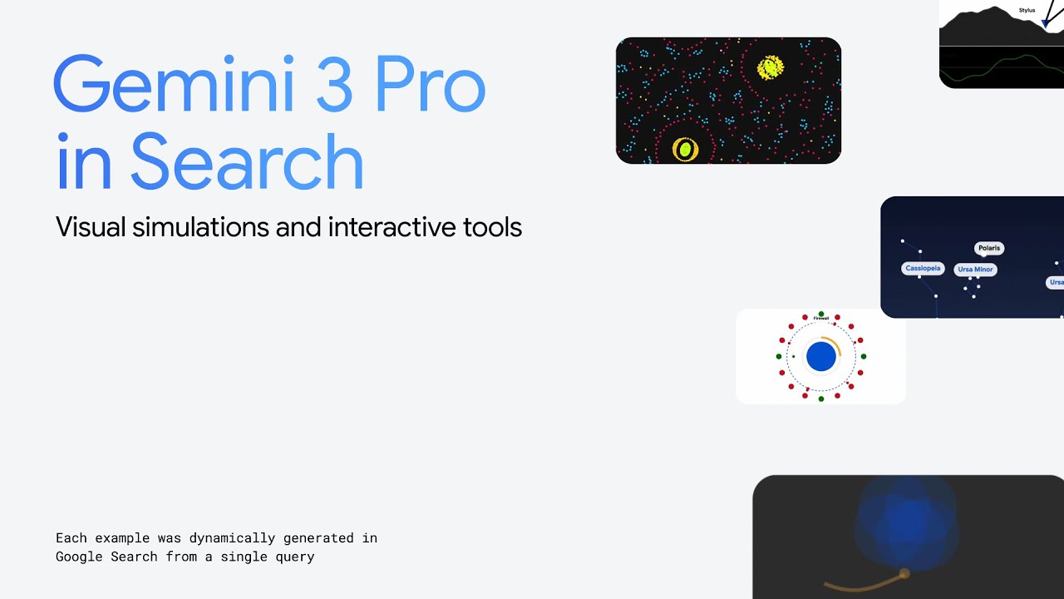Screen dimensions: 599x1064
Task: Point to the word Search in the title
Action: tap(247, 162)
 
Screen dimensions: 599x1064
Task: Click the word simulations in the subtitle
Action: tap(201, 227)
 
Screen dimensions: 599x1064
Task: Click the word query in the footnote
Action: tap(293, 557)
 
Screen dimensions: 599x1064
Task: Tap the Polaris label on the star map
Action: tap(989, 248)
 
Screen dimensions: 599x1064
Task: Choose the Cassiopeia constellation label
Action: tap(923, 269)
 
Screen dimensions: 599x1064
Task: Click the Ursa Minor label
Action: tap(975, 270)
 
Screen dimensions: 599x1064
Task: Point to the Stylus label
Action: tap(1027, 11)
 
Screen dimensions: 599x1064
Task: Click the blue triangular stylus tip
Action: tap(1045, 24)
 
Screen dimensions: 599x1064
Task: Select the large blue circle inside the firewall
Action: tap(821, 357)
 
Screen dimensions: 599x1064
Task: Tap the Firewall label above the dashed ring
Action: tap(821, 319)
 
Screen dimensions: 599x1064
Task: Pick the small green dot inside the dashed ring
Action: tap(794, 357)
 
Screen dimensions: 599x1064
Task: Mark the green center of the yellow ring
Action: tap(686, 150)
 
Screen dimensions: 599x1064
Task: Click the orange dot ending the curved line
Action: tap(904, 573)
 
